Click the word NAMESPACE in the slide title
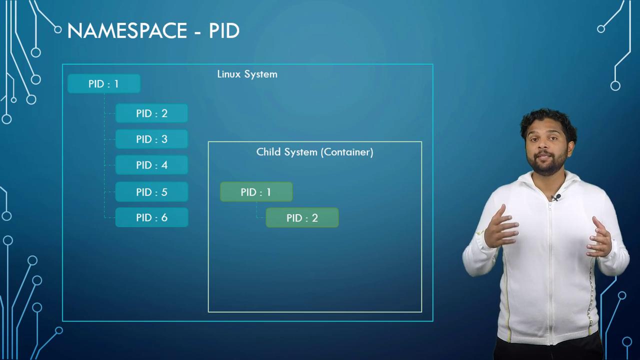point(127,30)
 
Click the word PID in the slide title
point(224,30)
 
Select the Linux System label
point(247,74)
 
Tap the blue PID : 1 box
point(103,83)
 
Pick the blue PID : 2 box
point(151,113)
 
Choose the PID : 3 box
point(151,139)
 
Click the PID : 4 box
point(151,165)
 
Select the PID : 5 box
point(151,191)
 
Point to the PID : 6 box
point(151,217)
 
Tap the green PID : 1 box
point(256,191)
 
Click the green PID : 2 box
point(302,217)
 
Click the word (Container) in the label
point(347,152)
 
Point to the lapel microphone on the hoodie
point(557,197)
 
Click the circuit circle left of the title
point(57,29)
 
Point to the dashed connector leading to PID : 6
point(109,217)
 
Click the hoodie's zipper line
point(549,271)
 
